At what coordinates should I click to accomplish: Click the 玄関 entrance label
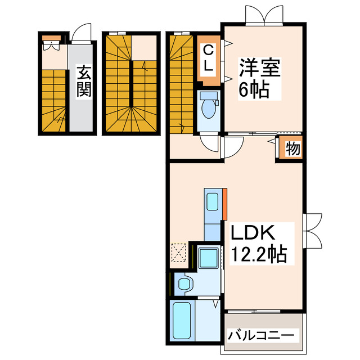84,82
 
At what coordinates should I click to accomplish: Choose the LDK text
250,233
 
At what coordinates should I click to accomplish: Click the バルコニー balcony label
261,336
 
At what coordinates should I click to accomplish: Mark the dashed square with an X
179,251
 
